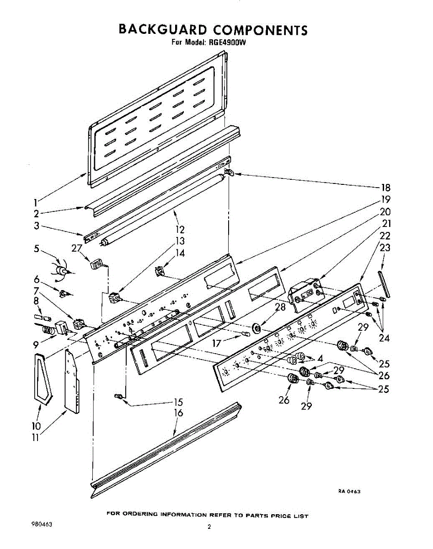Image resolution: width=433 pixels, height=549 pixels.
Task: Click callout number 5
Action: pos(37,249)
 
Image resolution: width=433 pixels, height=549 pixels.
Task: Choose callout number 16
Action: pos(178,413)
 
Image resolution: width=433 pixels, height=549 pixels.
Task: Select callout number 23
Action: pos(385,248)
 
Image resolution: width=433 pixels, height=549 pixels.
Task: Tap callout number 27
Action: pos(77,248)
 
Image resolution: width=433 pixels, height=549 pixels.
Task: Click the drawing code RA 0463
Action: pos(349,491)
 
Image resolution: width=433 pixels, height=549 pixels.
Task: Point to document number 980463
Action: pos(40,525)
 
